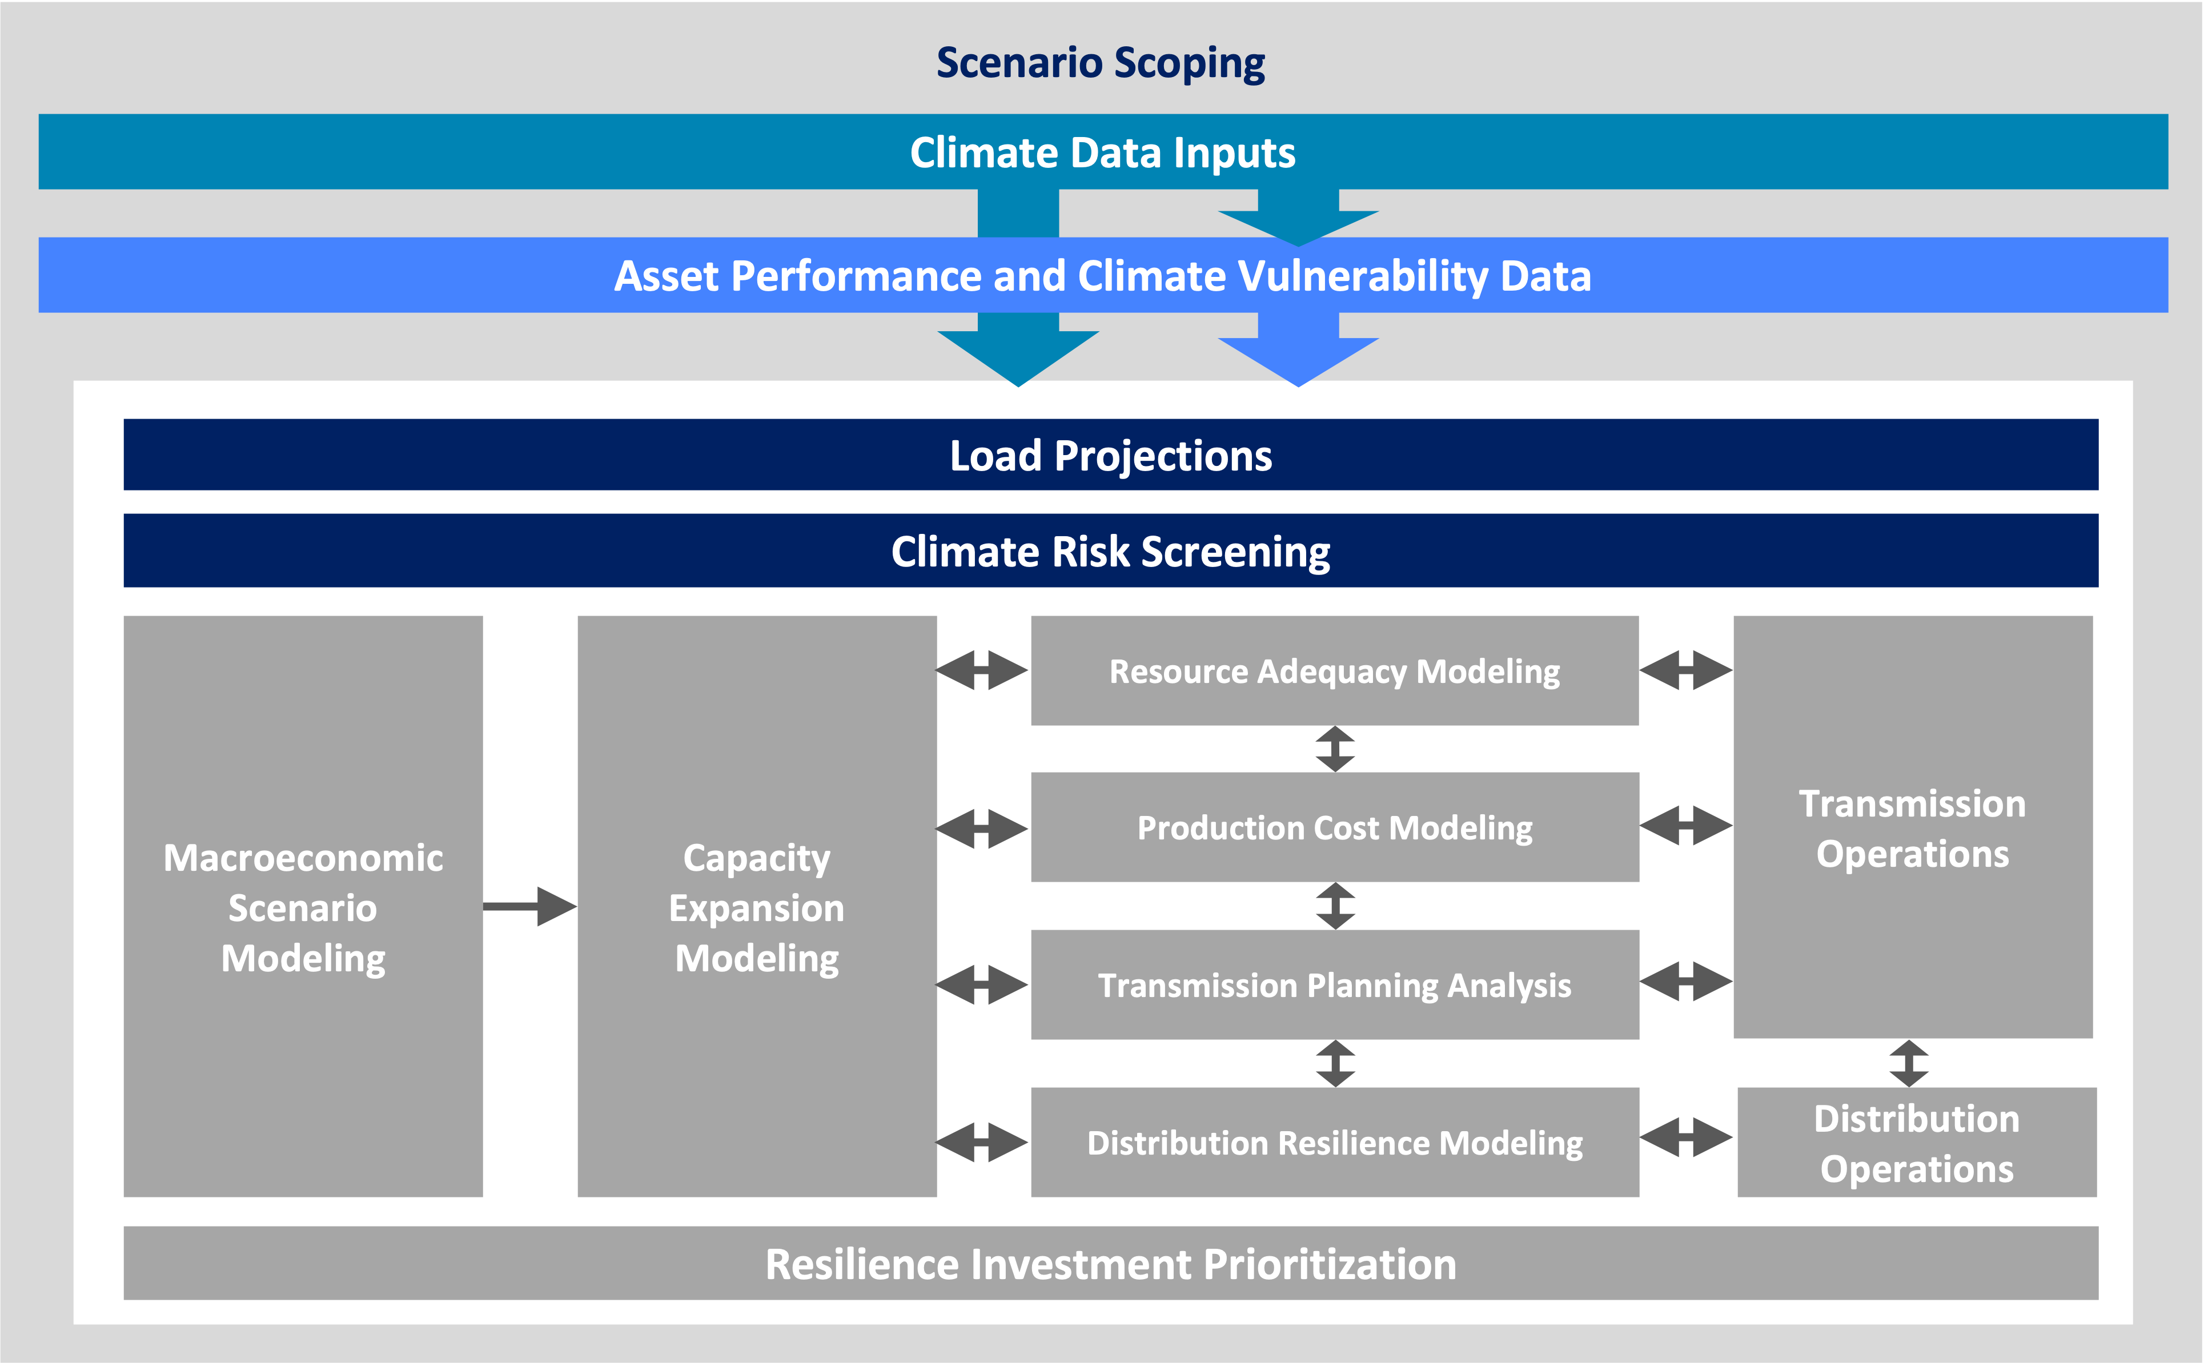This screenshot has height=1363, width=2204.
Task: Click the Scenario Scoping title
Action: click(x=1101, y=63)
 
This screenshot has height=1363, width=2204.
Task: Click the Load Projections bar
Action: click(x=1110, y=455)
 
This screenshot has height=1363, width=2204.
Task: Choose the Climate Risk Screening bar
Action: click(x=1110, y=551)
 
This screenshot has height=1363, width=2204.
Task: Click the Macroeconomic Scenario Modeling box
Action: click(x=303, y=906)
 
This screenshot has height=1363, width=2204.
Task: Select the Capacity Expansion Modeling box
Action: click(x=756, y=906)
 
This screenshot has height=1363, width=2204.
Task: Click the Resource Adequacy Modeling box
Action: click(x=1334, y=671)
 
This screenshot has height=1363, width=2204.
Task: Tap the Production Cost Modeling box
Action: click(x=1334, y=827)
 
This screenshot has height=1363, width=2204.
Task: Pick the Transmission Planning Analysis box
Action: click(x=1334, y=984)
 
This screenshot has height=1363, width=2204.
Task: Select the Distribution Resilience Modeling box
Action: click(x=1334, y=1142)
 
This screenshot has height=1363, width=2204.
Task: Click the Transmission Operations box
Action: click(x=1912, y=827)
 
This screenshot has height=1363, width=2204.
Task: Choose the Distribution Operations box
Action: click(x=1917, y=1142)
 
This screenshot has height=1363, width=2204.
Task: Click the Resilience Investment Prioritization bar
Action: click(x=1110, y=1263)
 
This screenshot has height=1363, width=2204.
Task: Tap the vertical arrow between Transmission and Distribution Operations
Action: click(x=1908, y=1063)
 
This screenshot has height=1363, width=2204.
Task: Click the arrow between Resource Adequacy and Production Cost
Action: click(x=1335, y=748)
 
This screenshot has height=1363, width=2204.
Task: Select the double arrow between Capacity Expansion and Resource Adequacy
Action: click(x=982, y=670)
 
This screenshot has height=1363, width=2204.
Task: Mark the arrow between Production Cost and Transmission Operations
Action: click(x=1685, y=825)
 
